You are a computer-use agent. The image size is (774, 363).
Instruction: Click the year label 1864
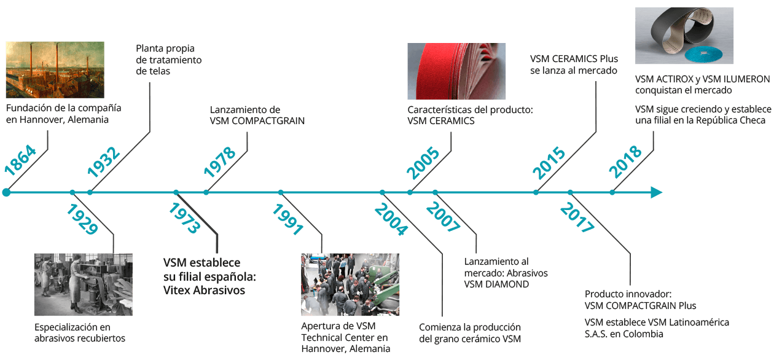(20, 160)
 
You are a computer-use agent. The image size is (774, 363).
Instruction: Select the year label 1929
(82, 219)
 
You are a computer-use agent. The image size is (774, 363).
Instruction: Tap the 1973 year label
(184, 218)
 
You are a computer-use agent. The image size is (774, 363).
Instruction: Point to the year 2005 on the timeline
(423, 163)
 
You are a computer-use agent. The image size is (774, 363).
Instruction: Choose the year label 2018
(625, 162)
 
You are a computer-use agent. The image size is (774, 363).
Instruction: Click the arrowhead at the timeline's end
(656, 192)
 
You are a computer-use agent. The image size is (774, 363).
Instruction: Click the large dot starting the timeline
(6, 192)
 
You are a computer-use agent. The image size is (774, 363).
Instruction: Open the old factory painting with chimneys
(55, 70)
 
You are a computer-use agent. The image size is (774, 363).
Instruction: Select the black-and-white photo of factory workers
(84, 284)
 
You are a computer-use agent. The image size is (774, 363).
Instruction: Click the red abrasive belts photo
(456, 71)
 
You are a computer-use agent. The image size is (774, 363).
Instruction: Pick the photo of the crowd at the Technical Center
(350, 284)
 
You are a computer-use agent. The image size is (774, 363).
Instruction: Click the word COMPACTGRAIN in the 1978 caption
(268, 121)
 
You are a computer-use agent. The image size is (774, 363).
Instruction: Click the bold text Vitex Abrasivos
(204, 290)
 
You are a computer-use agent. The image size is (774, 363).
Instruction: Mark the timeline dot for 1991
(281, 192)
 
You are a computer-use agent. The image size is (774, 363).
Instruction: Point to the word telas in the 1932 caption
(159, 71)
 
